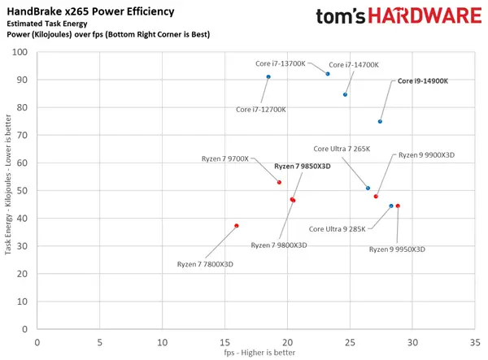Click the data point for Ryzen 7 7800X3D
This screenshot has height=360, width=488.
pyautogui.click(x=237, y=226)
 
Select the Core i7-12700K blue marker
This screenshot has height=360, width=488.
pyautogui.click(x=268, y=77)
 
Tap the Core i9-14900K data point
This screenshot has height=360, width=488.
pyautogui.click(x=380, y=122)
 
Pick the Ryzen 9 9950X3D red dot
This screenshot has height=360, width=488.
pyautogui.click(x=398, y=206)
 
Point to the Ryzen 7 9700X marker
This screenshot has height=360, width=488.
pyautogui.click(x=279, y=182)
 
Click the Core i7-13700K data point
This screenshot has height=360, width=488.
pyautogui.click(x=328, y=74)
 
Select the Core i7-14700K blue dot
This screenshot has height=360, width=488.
pyautogui.click(x=346, y=95)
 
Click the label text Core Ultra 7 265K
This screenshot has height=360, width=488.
pyautogui.click(x=342, y=149)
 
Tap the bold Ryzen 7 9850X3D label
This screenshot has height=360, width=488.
pyautogui.click(x=303, y=166)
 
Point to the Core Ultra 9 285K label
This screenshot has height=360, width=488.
pyautogui.click(x=339, y=229)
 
